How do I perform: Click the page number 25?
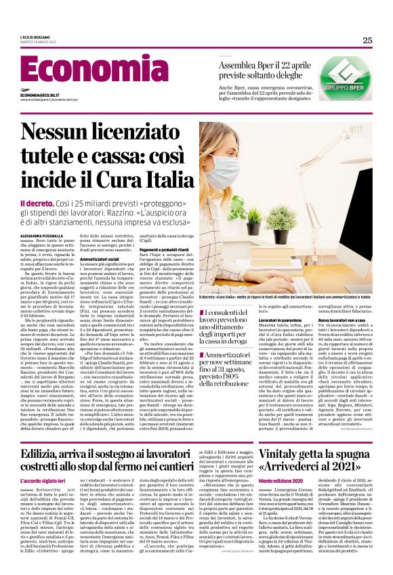coord(367,40)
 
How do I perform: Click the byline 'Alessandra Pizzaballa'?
coord(45,235)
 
